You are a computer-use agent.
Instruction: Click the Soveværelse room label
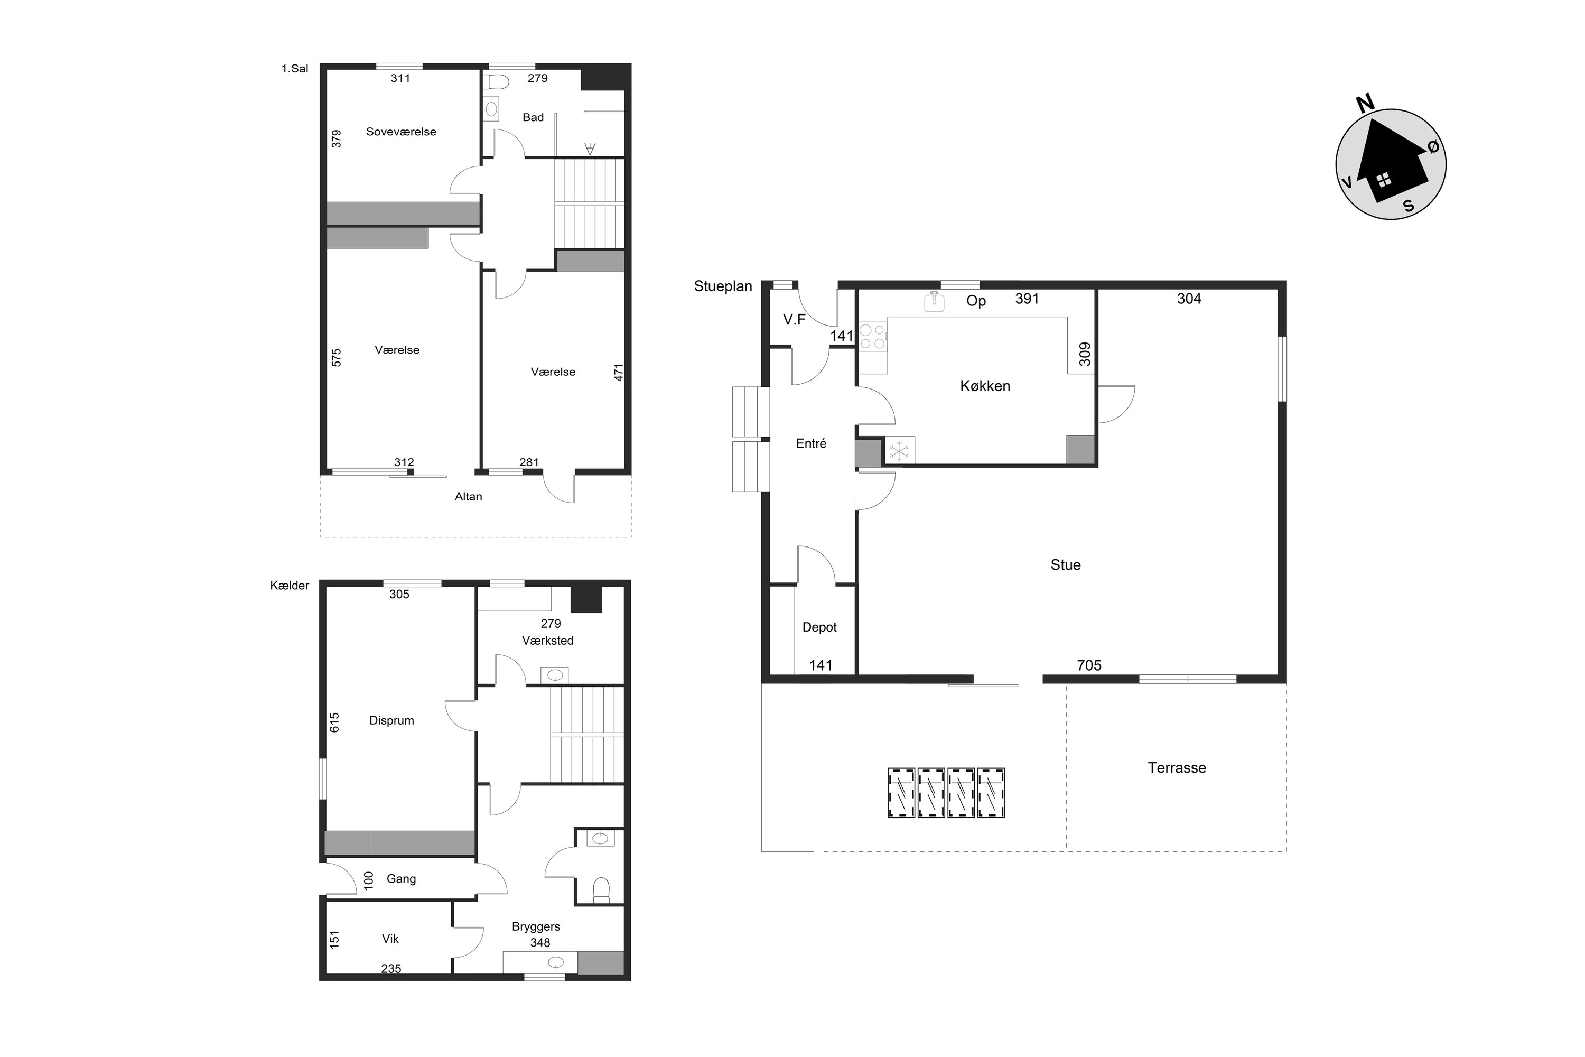(x=401, y=132)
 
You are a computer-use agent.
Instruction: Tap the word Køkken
(x=985, y=386)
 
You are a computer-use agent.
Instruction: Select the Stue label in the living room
(x=1066, y=565)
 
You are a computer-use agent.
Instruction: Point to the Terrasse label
(x=1177, y=767)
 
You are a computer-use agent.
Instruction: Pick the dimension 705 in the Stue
(x=1089, y=665)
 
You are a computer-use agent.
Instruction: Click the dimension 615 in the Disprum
(x=335, y=722)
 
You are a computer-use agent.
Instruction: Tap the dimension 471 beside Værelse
(x=619, y=372)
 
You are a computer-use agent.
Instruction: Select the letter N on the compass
(x=1365, y=103)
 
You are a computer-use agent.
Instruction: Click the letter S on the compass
(x=1409, y=206)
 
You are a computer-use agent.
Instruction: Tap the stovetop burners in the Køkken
(x=872, y=336)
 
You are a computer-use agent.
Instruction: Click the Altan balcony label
(x=468, y=496)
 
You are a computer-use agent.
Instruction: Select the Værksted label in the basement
(x=548, y=641)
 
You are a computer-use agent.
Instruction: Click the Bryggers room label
(x=536, y=927)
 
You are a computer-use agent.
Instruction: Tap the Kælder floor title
(x=289, y=585)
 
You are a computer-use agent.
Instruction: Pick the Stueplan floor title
(x=723, y=286)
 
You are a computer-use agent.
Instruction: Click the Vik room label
(x=390, y=939)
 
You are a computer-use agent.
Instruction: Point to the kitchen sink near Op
(x=935, y=301)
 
